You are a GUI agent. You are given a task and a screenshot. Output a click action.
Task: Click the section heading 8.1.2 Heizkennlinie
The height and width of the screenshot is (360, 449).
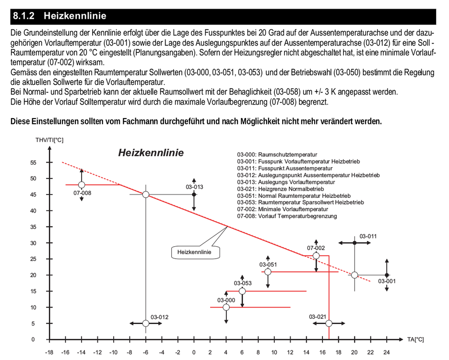[59, 16]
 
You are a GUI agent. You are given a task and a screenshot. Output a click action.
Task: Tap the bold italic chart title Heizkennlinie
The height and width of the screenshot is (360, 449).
[151, 153]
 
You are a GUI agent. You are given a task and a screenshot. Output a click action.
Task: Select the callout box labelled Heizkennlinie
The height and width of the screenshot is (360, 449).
[194, 252]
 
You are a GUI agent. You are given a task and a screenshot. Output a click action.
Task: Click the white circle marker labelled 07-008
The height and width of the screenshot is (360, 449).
[82, 185]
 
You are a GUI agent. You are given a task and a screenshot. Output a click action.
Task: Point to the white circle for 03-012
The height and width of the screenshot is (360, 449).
[146, 324]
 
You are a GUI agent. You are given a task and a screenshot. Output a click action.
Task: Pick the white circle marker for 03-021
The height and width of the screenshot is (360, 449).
[329, 324]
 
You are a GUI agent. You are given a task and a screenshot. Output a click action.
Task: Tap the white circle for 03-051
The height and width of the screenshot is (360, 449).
[268, 272]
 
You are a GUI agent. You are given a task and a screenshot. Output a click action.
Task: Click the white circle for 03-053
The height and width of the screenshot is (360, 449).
[242, 291]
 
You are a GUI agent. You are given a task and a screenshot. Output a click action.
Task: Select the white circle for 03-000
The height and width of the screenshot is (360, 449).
[226, 307]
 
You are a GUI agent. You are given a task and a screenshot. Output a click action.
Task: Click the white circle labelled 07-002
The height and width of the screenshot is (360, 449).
[316, 256]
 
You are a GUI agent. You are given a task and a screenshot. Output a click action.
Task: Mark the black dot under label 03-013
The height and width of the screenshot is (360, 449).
[194, 194]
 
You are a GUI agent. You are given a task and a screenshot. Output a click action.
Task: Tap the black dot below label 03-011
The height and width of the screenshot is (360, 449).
[354, 243]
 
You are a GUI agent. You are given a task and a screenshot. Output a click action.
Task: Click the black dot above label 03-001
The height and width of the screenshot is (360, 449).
[387, 275]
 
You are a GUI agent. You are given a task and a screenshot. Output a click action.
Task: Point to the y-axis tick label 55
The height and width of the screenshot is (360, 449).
[33, 163]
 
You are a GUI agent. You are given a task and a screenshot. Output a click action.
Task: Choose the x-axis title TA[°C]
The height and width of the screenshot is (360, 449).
[415, 339]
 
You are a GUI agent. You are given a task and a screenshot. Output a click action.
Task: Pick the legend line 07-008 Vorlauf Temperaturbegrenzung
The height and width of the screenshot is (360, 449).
[287, 216]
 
